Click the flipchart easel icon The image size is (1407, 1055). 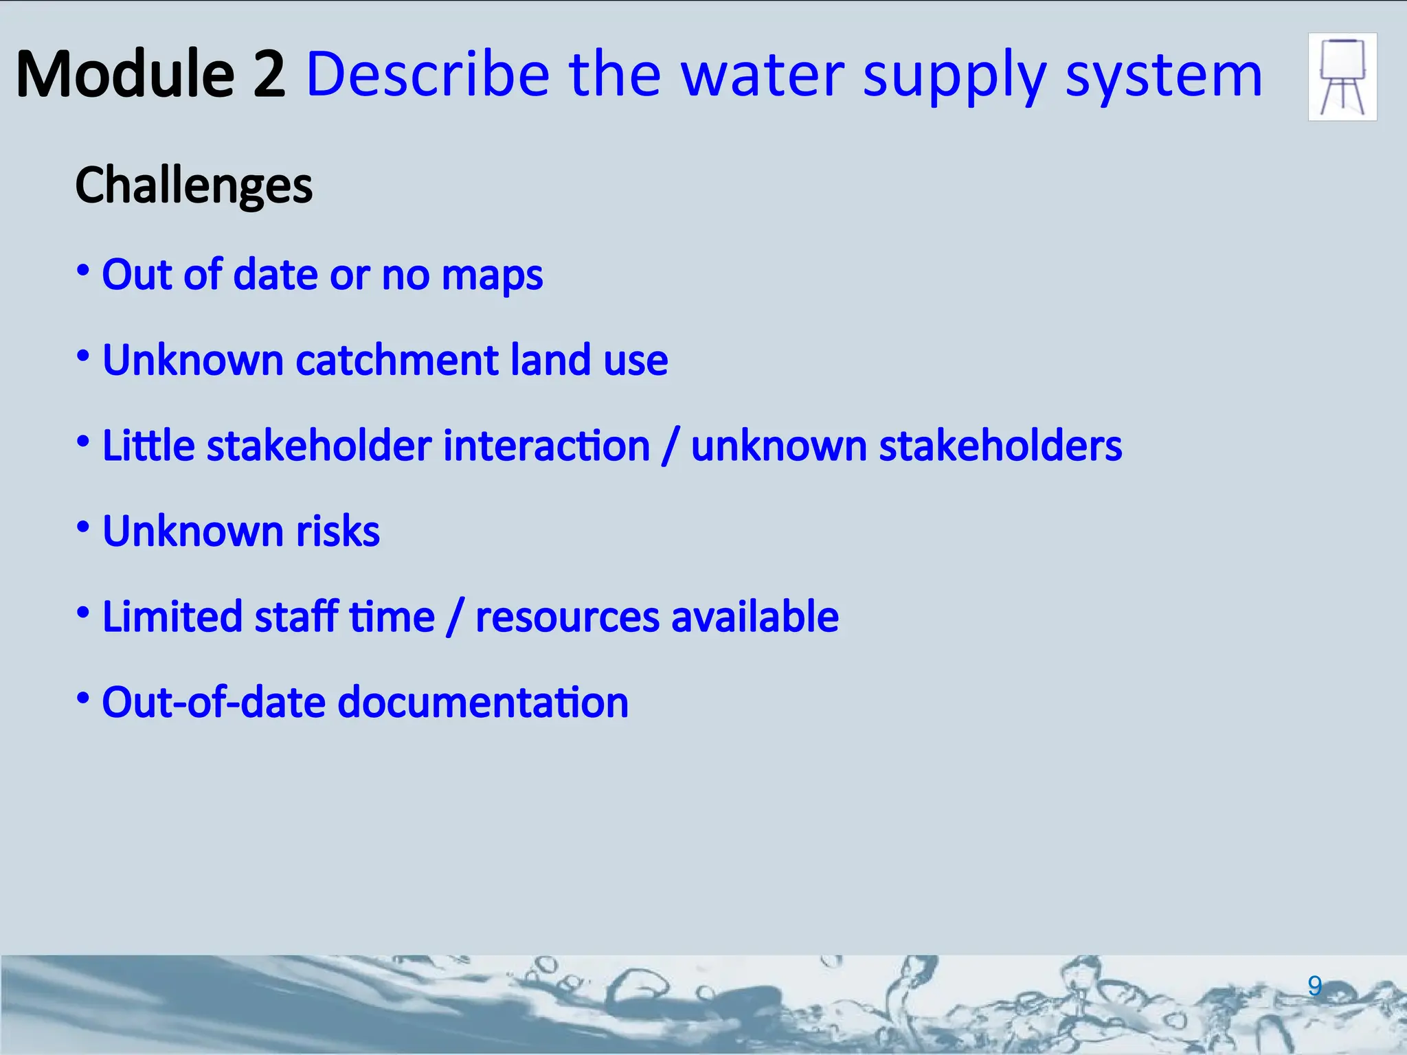tap(1342, 77)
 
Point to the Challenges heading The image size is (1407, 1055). tap(194, 185)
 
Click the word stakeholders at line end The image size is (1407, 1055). tap(1000, 446)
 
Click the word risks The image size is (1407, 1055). tap(337, 531)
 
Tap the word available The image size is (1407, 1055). tap(754, 616)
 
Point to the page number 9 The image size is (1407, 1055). tap(1314, 986)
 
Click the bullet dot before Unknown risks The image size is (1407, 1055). tap(83, 527)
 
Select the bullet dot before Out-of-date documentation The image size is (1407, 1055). tap(83, 699)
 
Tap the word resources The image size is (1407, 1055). tap(567, 617)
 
